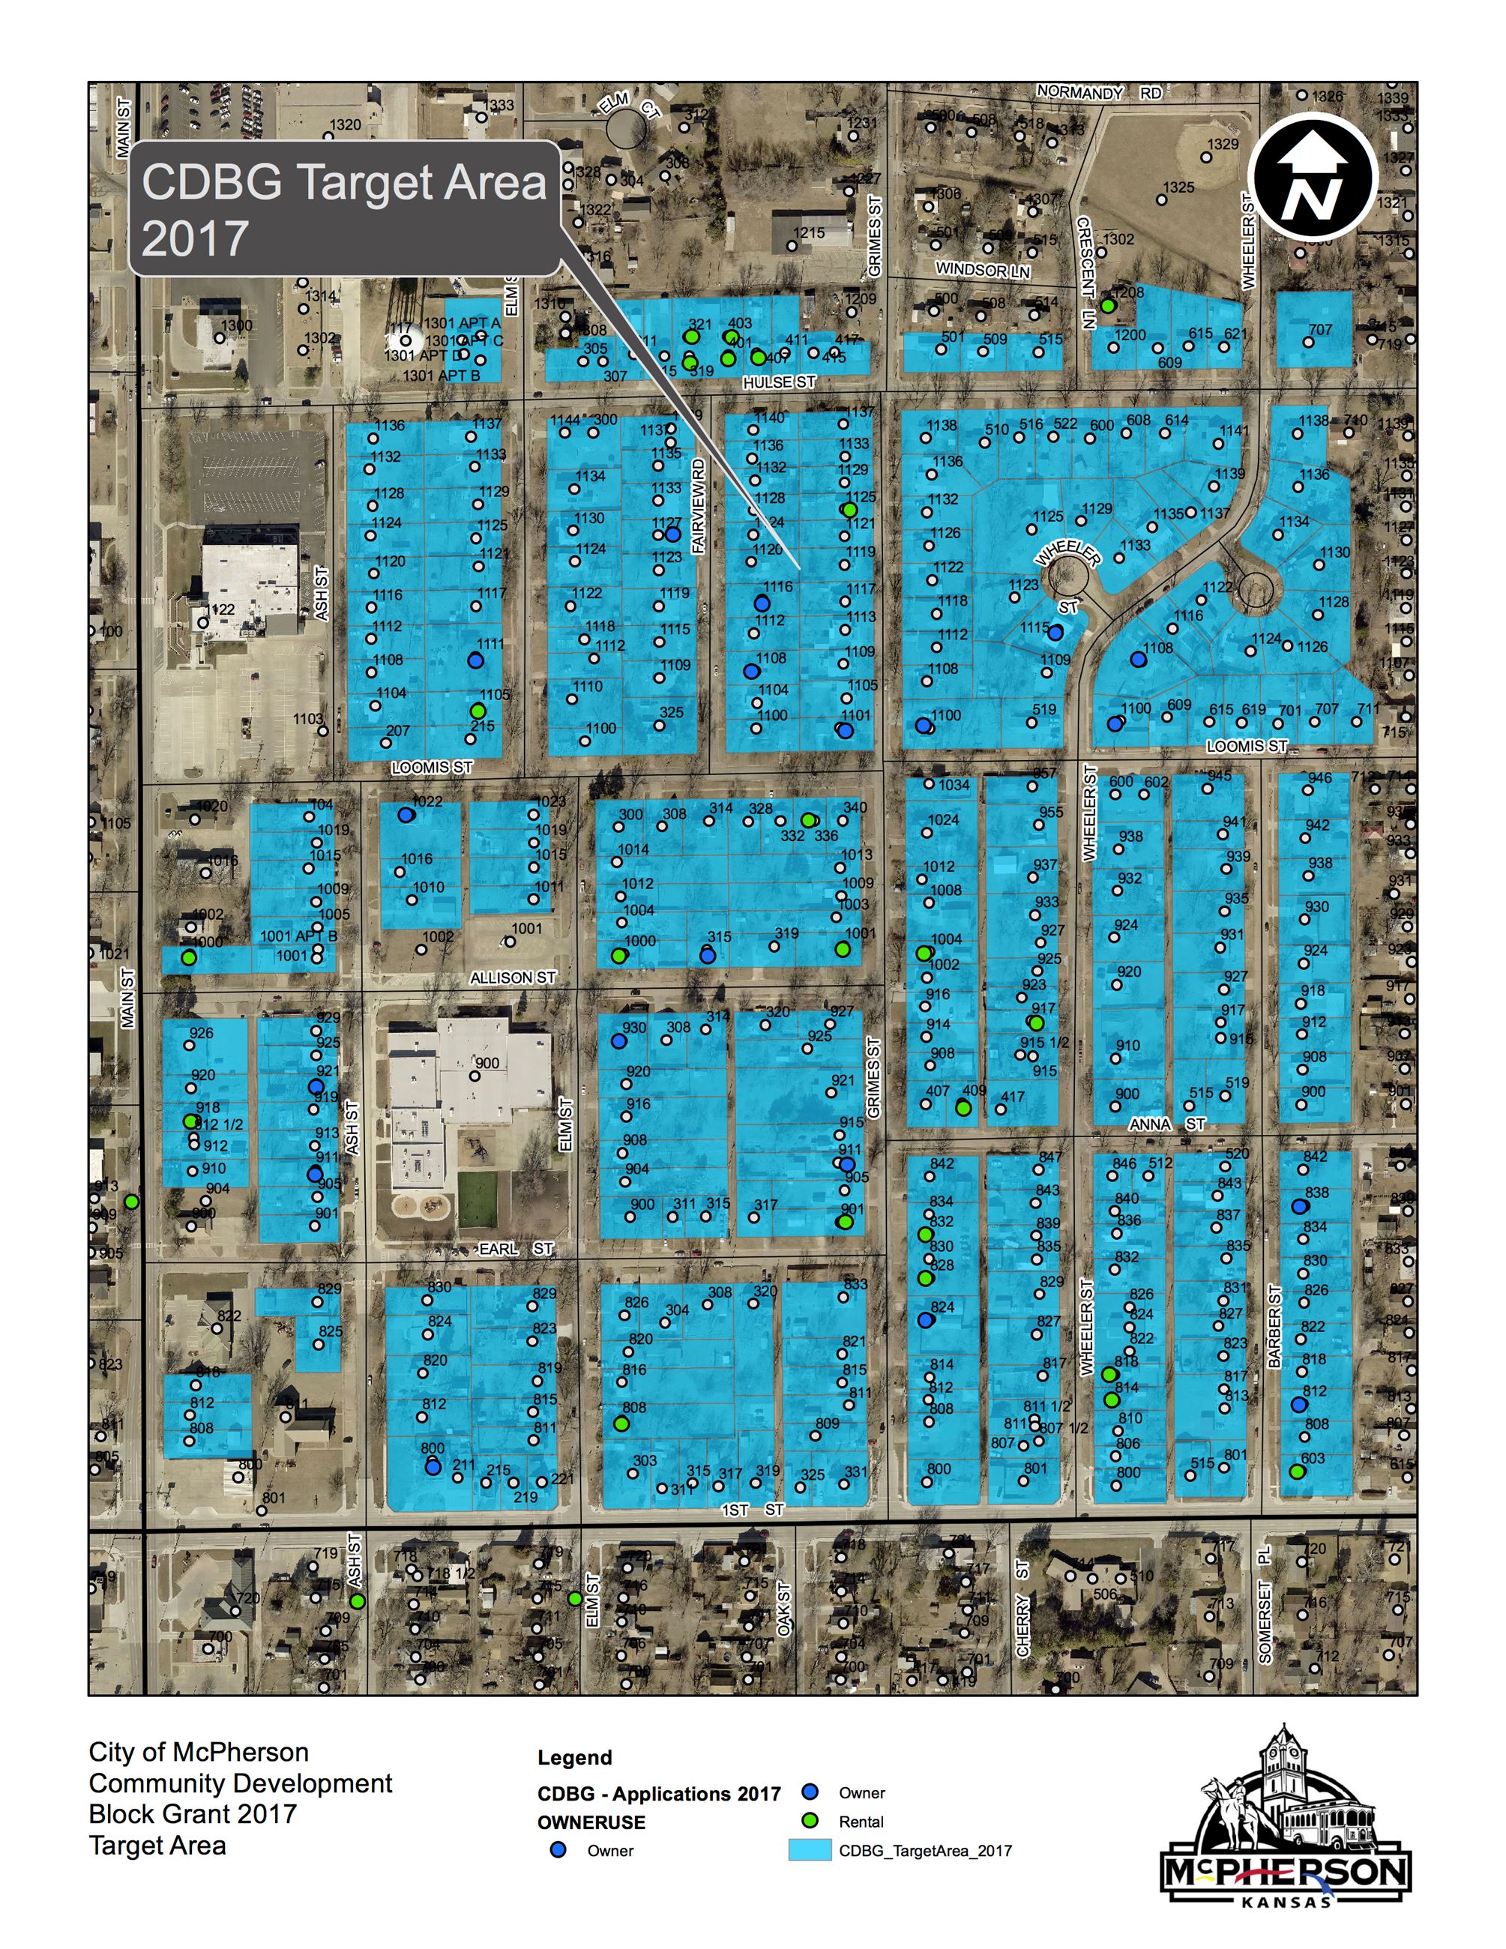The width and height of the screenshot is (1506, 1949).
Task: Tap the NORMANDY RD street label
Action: click(x=1099, y=93)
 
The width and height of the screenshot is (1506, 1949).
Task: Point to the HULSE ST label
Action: click(x=780, y=382)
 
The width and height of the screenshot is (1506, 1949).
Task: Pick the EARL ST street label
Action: click(x=516, y=1250)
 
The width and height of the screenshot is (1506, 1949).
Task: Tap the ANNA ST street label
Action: click(x=1167, y=1124)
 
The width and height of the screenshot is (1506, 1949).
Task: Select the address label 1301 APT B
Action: click(x=441, y=376)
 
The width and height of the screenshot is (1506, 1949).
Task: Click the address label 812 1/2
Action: click(x=219, y=1124)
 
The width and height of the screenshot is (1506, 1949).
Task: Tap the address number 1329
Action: click(x=1223, y=145)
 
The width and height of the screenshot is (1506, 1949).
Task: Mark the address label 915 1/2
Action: click(x=1043, y=1042)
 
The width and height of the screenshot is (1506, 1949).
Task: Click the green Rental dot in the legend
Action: click(x=810, y=1822)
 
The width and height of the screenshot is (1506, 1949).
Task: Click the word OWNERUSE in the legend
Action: click(x=591, y=1822)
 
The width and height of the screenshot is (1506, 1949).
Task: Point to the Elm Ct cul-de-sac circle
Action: click(x=627, y=127)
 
